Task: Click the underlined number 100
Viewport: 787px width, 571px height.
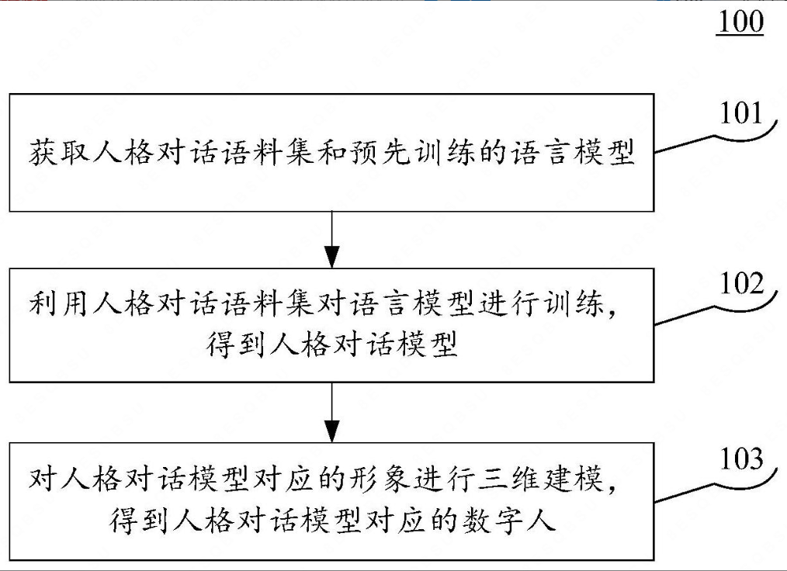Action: coord(740,22)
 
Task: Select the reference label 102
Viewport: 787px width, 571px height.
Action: coord(740,284)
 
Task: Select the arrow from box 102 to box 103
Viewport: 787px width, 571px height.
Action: coord(332,411)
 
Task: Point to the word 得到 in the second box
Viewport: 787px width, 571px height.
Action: coord(234,345)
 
